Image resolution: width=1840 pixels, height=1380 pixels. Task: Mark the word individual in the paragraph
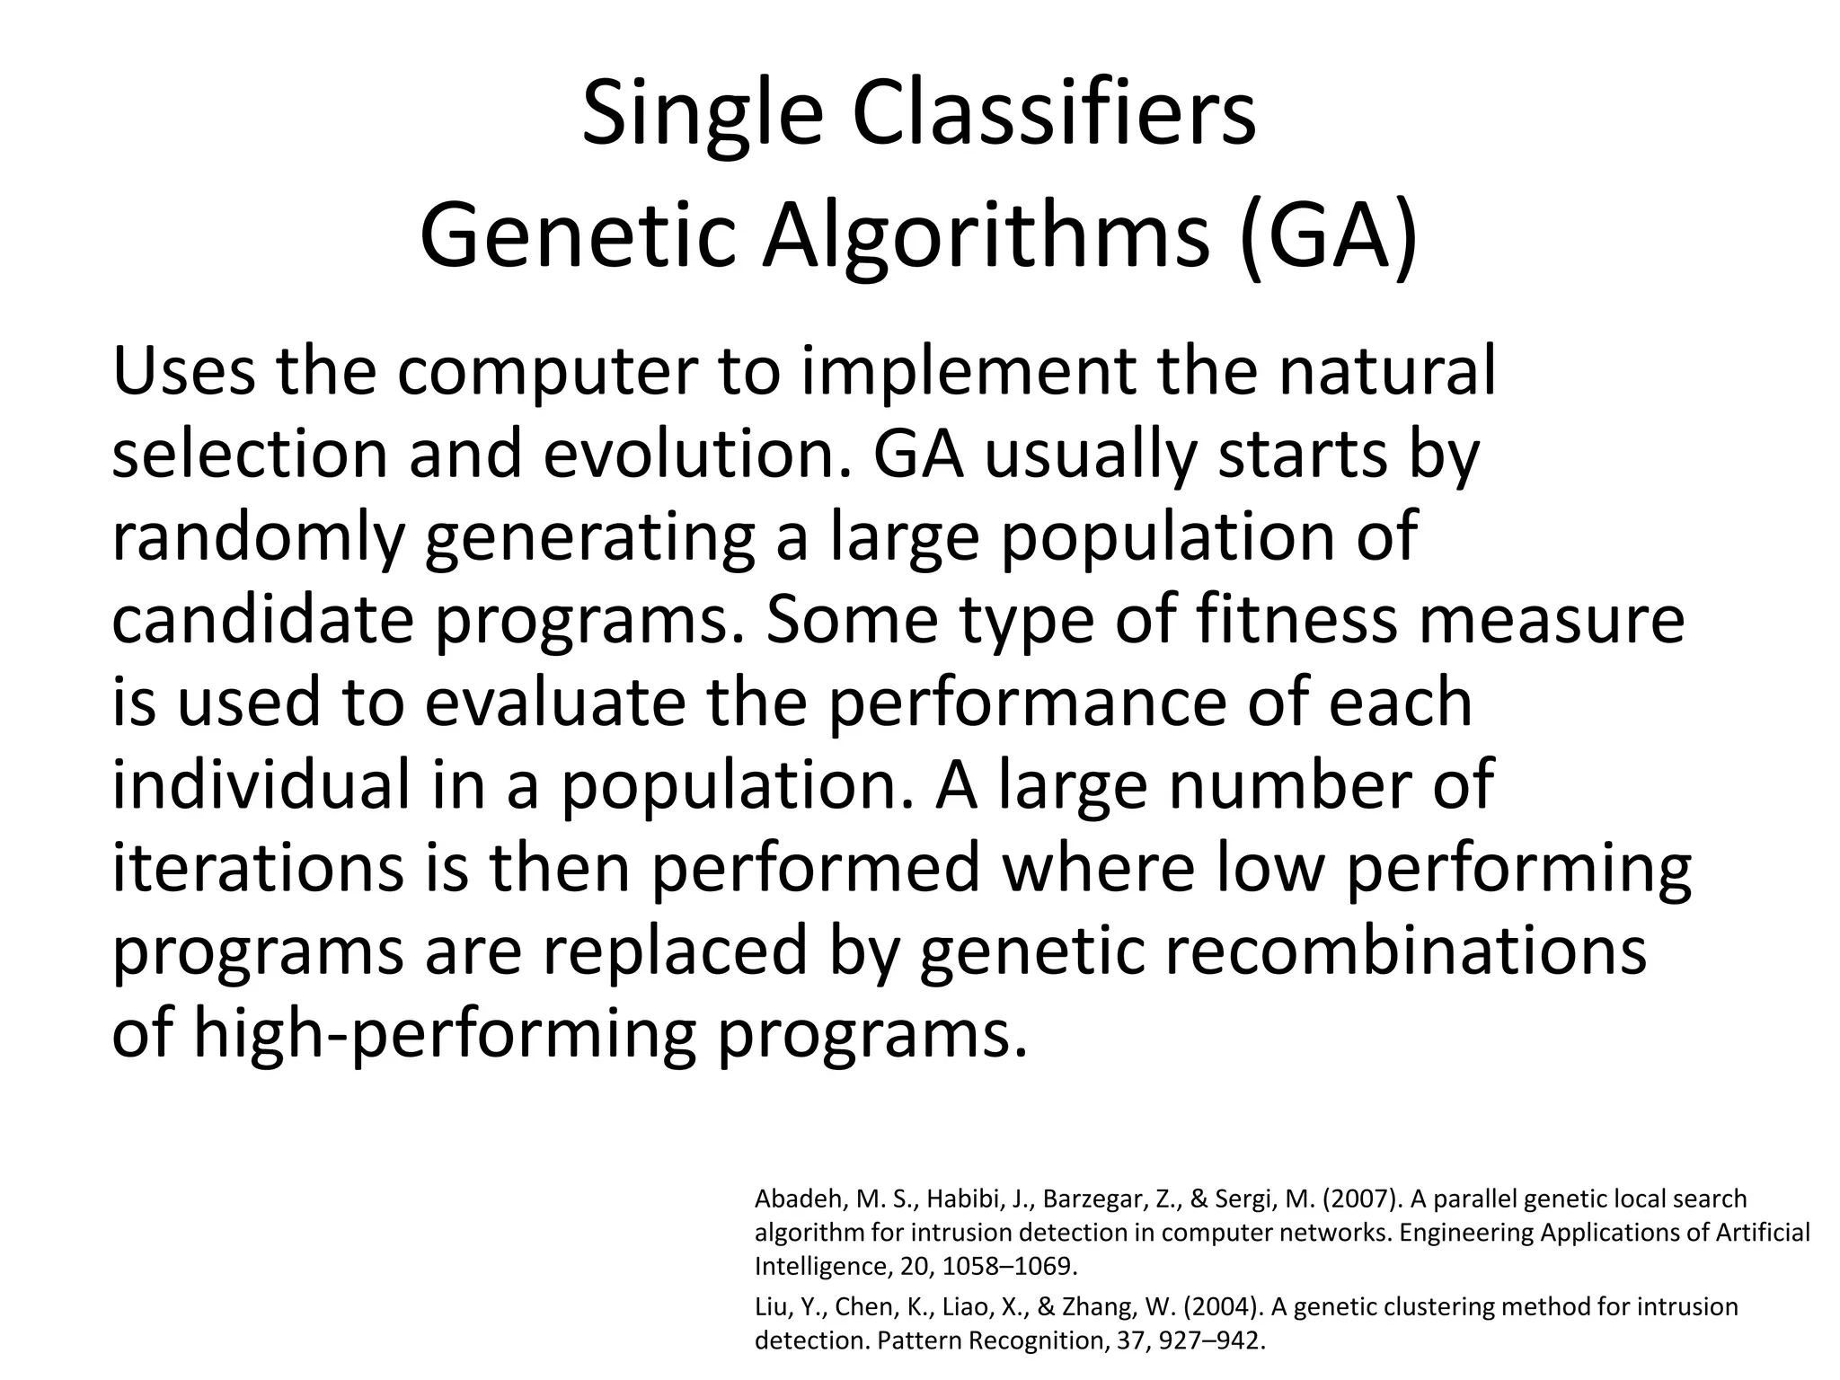(x=261, y=784)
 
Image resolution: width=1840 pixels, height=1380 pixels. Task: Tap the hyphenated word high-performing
(x=445, y=1034)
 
